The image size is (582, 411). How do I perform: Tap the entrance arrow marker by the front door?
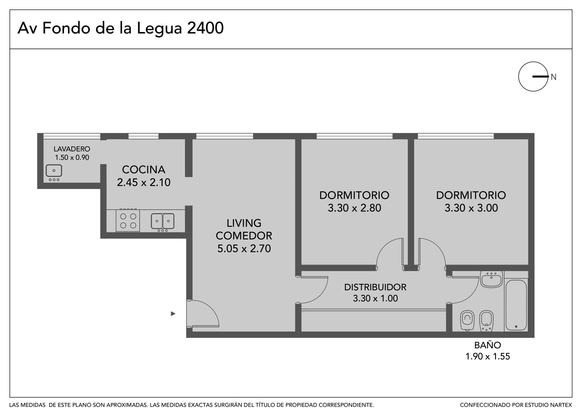pyautogui.click(x=173, y=314)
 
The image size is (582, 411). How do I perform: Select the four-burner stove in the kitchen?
pyautogui.click(x=128, y=221)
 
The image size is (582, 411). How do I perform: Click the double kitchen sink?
pyautogui.click(x=163, y=221)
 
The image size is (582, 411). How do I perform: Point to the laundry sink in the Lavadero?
pyautogui.click(x=54, y=172)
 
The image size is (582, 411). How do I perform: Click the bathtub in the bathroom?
pyautogui.click(x=516, y=305)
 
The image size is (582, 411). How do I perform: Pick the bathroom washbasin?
pyautogui.click(x=491, y=279)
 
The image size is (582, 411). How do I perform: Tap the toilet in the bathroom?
pyautogui.click(x=467, y=321)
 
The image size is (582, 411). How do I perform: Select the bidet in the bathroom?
pyautogui.click(x=486, y=321)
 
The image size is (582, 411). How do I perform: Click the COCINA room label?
pyautogui.click(x=144, y=170)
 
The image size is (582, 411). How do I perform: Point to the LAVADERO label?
pyautogui.click(x=72, y=149)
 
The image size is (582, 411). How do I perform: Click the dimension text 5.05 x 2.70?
pyautogui.click(x=244, y=249)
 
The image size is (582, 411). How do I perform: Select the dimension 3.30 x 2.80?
pyautogui.click(x=354, y=208)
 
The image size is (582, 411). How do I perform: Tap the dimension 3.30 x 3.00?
pyautogui.click(x=471, y=208)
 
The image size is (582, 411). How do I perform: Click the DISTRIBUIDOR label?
pyautogui.click(x=375, y=287)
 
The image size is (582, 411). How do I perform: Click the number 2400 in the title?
pyautogui.click(x=205, y=28)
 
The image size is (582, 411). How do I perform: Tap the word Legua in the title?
pyautogui.click(x=159, y=29)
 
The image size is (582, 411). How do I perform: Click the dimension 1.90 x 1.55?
pyautogui.click(x=488, y=356)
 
